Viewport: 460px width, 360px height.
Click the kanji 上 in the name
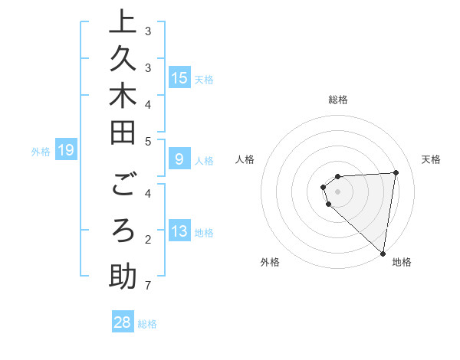[123, 22]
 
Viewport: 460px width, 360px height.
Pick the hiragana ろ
[123, 231]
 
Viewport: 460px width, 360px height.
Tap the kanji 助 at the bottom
[123, 275]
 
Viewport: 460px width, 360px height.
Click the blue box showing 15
[179, 78]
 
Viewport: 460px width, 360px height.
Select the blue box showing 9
[179, 159]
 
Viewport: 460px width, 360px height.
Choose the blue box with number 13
[179, 232]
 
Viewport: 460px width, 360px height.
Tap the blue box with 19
[66, 150]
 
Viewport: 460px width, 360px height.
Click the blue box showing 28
[123, 322]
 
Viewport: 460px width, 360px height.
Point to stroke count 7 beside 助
[148, 286]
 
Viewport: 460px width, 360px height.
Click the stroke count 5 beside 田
[148, 141]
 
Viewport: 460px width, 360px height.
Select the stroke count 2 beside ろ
[148, 240]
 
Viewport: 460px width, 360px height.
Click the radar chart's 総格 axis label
[338, 100]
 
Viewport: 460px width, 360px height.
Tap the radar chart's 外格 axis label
[270, 262]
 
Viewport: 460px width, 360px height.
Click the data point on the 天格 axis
[396, 172]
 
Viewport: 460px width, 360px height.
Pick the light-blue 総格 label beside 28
[147, 324]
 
